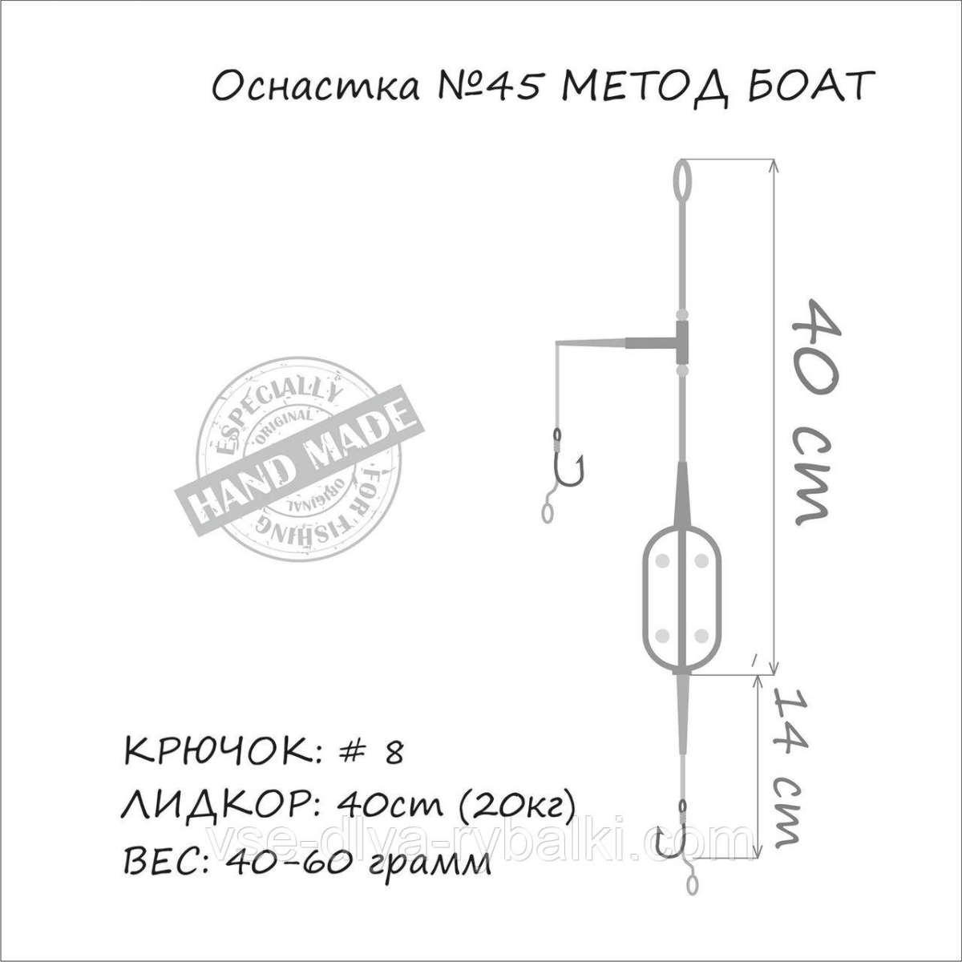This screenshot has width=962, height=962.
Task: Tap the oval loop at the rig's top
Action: pyautogui.click(x=683, y=185)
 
